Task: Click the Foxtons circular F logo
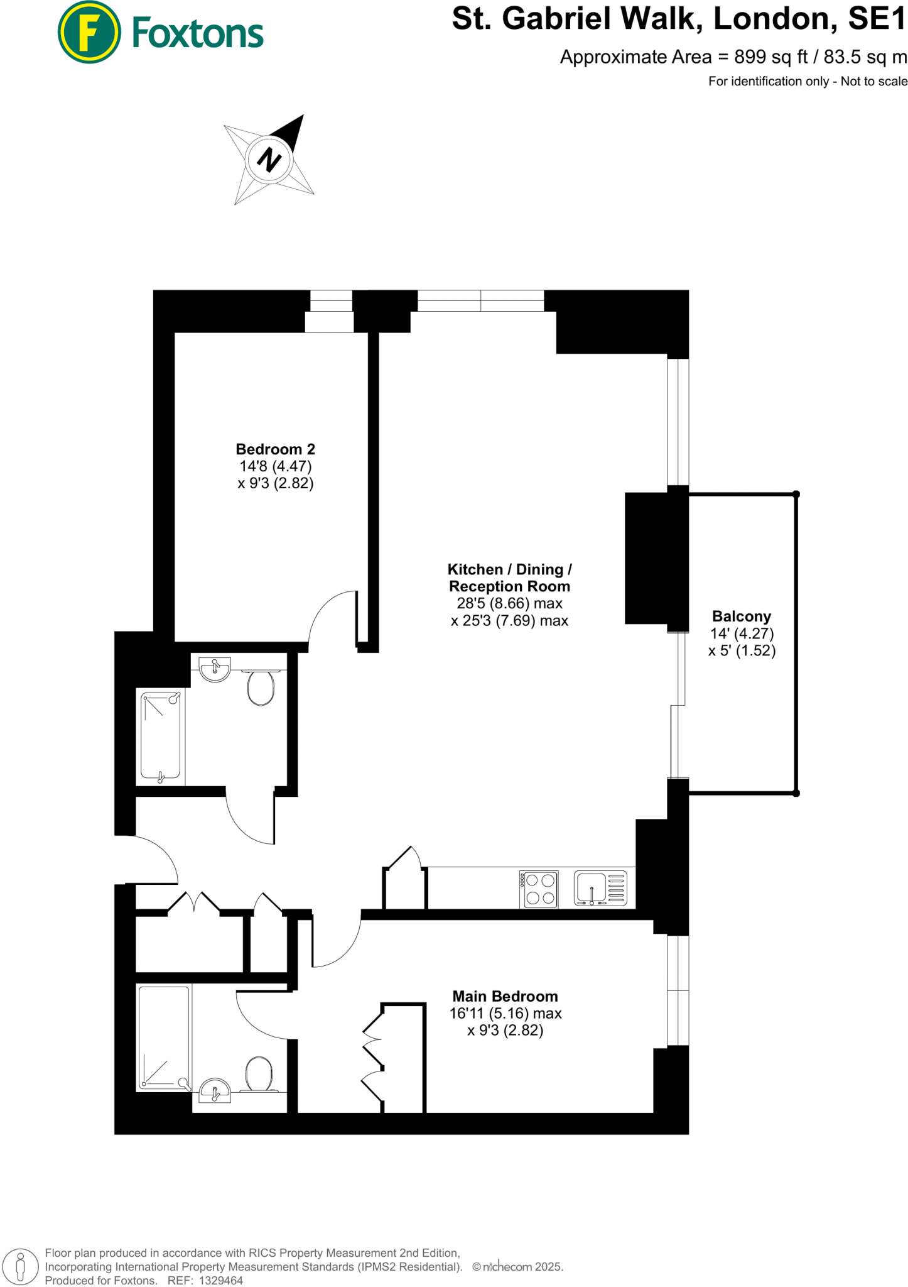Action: [x=89, y=32]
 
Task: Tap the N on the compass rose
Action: [x=269, y=159]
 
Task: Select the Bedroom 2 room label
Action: [x=275, y=449]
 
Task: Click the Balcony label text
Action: [x=741, y=616]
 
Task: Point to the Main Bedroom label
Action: [x=505, y=996]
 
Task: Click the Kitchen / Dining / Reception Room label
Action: [x=509, y=578]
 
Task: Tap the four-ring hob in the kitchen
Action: [x=539, y=889]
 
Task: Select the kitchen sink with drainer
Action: [x=600, y=888]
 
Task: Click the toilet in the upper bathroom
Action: [x=261, y=687]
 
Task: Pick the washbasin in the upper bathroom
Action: [x=215, y=669]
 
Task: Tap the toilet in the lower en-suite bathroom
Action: [x=259, y=1075]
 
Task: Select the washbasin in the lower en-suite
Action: [x=215, y=1091]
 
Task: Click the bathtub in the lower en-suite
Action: [x=164, y=1038]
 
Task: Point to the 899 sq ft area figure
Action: [x=771, y=57]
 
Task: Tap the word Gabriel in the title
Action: [x=600, y=19]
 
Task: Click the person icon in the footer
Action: [x=20, y=1266]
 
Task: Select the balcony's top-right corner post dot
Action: [x=796, y=495]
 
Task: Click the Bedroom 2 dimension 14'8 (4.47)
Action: [x=275, y=466]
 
